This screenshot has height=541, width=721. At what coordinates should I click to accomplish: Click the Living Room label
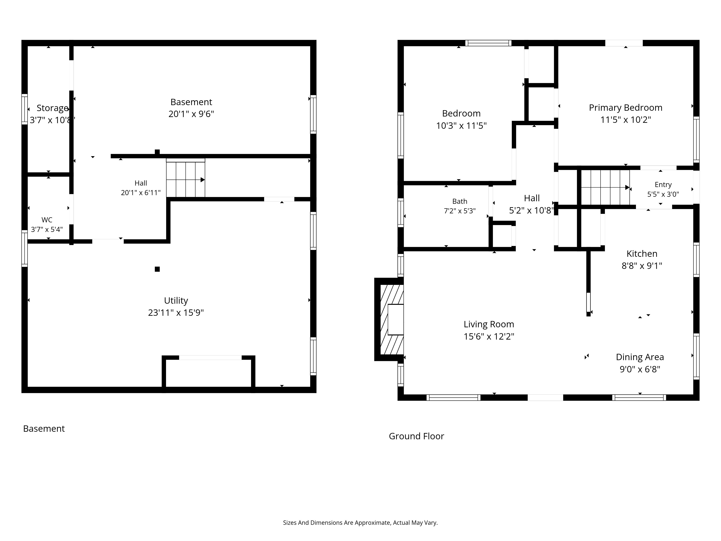(x=489, y=324)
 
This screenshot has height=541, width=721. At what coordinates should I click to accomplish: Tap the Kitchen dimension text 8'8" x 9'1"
(x=642, y=266)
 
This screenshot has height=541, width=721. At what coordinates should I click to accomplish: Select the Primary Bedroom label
(x=625, y=108)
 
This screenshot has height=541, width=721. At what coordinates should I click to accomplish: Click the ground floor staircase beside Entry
(x=605, y=188)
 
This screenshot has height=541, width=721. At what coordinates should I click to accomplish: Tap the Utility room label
(x=176, y=300)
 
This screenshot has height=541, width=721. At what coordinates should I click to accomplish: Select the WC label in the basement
(x=47, y=220)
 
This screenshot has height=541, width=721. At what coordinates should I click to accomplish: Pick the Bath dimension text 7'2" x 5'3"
(x=460, y=211)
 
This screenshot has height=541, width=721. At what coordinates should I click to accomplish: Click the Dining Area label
(x=640, y=357)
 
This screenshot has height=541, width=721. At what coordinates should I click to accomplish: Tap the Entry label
(x=663, y=185)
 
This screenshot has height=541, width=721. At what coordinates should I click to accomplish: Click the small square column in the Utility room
(x=157, y=269)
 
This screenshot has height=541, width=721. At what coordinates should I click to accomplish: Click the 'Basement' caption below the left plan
(x=44, y=428)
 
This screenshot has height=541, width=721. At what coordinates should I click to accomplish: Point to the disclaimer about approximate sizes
(x=360, y=523)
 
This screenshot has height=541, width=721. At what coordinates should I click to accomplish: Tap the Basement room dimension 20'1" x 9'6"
(x=191, y=114)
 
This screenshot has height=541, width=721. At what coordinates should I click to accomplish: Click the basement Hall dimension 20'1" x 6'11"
(x=141, y=193)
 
